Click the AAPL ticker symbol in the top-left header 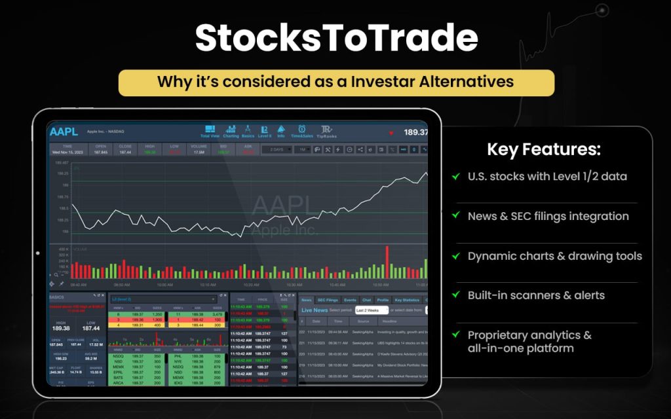(x=63, y=132)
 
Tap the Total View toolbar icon (x=210, y=131)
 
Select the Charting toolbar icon (x=231, y=131)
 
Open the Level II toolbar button (x=265, y=131)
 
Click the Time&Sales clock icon (x=301, y=131)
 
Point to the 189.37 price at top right (x=415, y=132)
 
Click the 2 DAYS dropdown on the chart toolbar (x=275, y=149)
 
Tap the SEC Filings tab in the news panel (x=327, y=299)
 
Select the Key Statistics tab (x=406, y=299)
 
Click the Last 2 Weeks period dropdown (x=372, y=310)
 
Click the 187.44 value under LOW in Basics (x=91, y=327)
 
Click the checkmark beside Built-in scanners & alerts (x=455, y=295)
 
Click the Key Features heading (x=543, y=149)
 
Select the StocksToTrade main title (x=336, y=38)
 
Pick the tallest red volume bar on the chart (x=387, y=262)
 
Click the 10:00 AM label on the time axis (x=165, y=285)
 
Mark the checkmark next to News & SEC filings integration (x=455, y=216)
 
